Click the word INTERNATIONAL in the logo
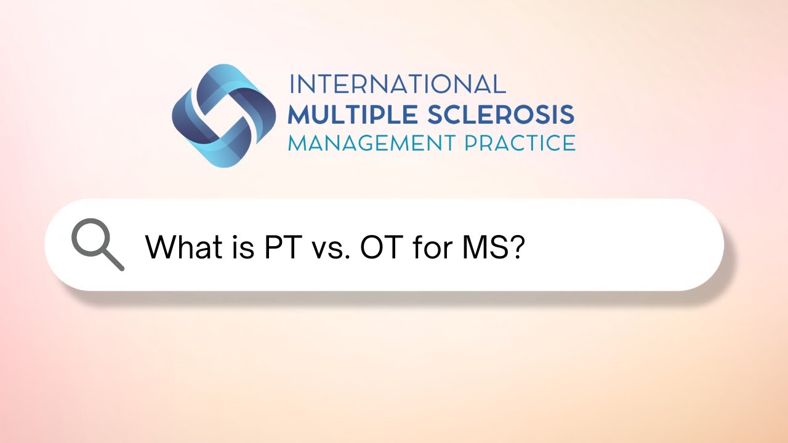coord(397,84)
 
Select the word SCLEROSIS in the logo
coord(501,114)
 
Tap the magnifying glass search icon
coord(97,245)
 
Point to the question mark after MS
coord(517,247)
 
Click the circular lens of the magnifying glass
coord(90,238)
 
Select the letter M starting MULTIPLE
coord(300,114)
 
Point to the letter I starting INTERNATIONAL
coord(292,84)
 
